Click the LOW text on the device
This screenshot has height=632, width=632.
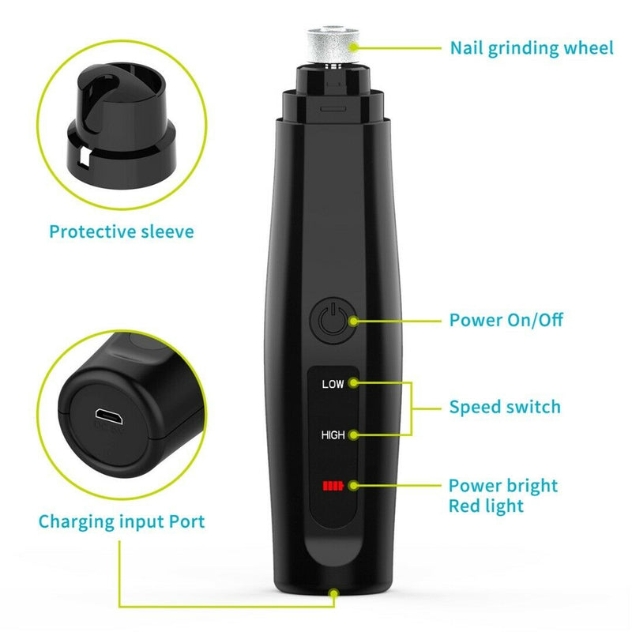click(333, 385)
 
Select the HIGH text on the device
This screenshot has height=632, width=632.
click(333, 434)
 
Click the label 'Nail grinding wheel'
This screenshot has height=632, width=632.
click(532, 47)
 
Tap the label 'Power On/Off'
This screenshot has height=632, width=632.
click(506, 321)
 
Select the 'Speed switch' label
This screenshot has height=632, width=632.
click(505, 408)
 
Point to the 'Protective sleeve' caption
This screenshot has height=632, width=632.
click(121, 231)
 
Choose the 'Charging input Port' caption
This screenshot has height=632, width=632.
click(121, 521)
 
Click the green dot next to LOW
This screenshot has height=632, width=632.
click(353, 383)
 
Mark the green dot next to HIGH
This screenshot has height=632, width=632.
click(353, 434)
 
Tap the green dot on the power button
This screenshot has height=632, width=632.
click(353, 321)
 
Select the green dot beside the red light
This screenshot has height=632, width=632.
click(353, 483)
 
